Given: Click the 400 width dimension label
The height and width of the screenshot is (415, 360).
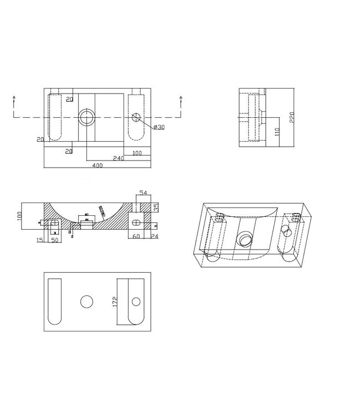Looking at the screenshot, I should (98, 165).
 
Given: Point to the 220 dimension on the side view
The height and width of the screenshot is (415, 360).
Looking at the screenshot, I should (290, 118).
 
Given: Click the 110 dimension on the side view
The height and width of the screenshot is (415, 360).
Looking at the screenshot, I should (276, 133).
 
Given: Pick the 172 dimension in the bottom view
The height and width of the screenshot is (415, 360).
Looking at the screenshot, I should (115, 302).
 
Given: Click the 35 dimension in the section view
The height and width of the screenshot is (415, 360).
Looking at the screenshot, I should (156, 207).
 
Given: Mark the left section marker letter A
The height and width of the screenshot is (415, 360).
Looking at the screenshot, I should (13, 97).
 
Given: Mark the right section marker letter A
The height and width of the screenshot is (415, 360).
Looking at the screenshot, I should (181, 97).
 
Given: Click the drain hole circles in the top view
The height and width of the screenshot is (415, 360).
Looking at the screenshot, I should (86, 117).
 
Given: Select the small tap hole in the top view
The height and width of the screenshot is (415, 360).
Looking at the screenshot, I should (137, 117).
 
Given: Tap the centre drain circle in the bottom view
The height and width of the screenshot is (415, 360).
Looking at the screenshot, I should (86, 302).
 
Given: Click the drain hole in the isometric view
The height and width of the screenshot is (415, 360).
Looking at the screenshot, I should (244, 239).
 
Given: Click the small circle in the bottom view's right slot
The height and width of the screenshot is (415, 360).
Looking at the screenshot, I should (137, 302).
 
